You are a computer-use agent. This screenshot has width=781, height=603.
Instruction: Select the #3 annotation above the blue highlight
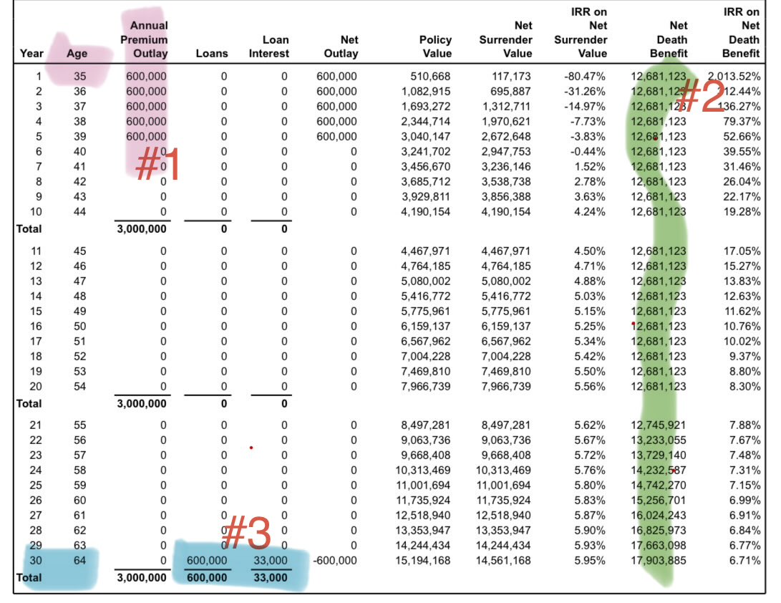click(246, 534)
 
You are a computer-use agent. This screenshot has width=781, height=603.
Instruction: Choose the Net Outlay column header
click(341, 46)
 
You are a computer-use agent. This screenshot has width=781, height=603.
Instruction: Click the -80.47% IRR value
click(584, 76)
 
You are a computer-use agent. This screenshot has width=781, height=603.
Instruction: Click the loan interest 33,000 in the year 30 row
click(270, 560)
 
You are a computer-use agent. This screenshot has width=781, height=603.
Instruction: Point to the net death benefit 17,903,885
click(659, 560)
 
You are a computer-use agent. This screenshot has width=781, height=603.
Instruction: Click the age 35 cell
click(79, 76)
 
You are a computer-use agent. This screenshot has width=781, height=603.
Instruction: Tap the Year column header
click(31, 53)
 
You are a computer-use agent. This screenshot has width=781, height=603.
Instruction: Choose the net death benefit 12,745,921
click(659, 425)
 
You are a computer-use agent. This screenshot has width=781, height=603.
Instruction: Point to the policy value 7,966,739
click(428, 387)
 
